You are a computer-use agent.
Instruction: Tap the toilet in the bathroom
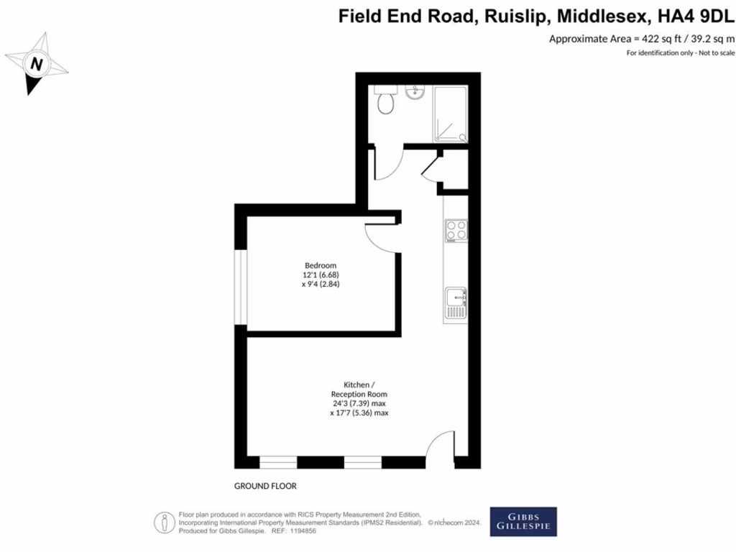pyautogui.click(x=386, y=101)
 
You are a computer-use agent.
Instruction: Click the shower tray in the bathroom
pyautogui.click(x=449, y=114)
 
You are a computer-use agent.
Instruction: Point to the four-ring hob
pyautogui.click(x=456, y=231)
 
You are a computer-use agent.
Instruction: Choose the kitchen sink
pyautogui.click(x=456, y=303)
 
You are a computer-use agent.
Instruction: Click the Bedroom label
pyautogui.click(x=320, y=266)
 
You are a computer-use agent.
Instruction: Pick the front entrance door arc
pyautogui.click(x=440, y=449)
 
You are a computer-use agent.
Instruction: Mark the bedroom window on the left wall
pyautogui.click(x=243, y=287)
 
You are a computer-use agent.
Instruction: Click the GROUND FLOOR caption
pyautogui.click(x=265, y=486)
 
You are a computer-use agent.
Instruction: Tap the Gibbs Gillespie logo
pyautogui.click(x=523, y=522)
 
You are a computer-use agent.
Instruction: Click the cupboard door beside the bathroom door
pyautogui.click(x=428, y=167)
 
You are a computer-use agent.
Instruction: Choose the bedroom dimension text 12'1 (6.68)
pyautogui.click(x=320, y=275)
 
